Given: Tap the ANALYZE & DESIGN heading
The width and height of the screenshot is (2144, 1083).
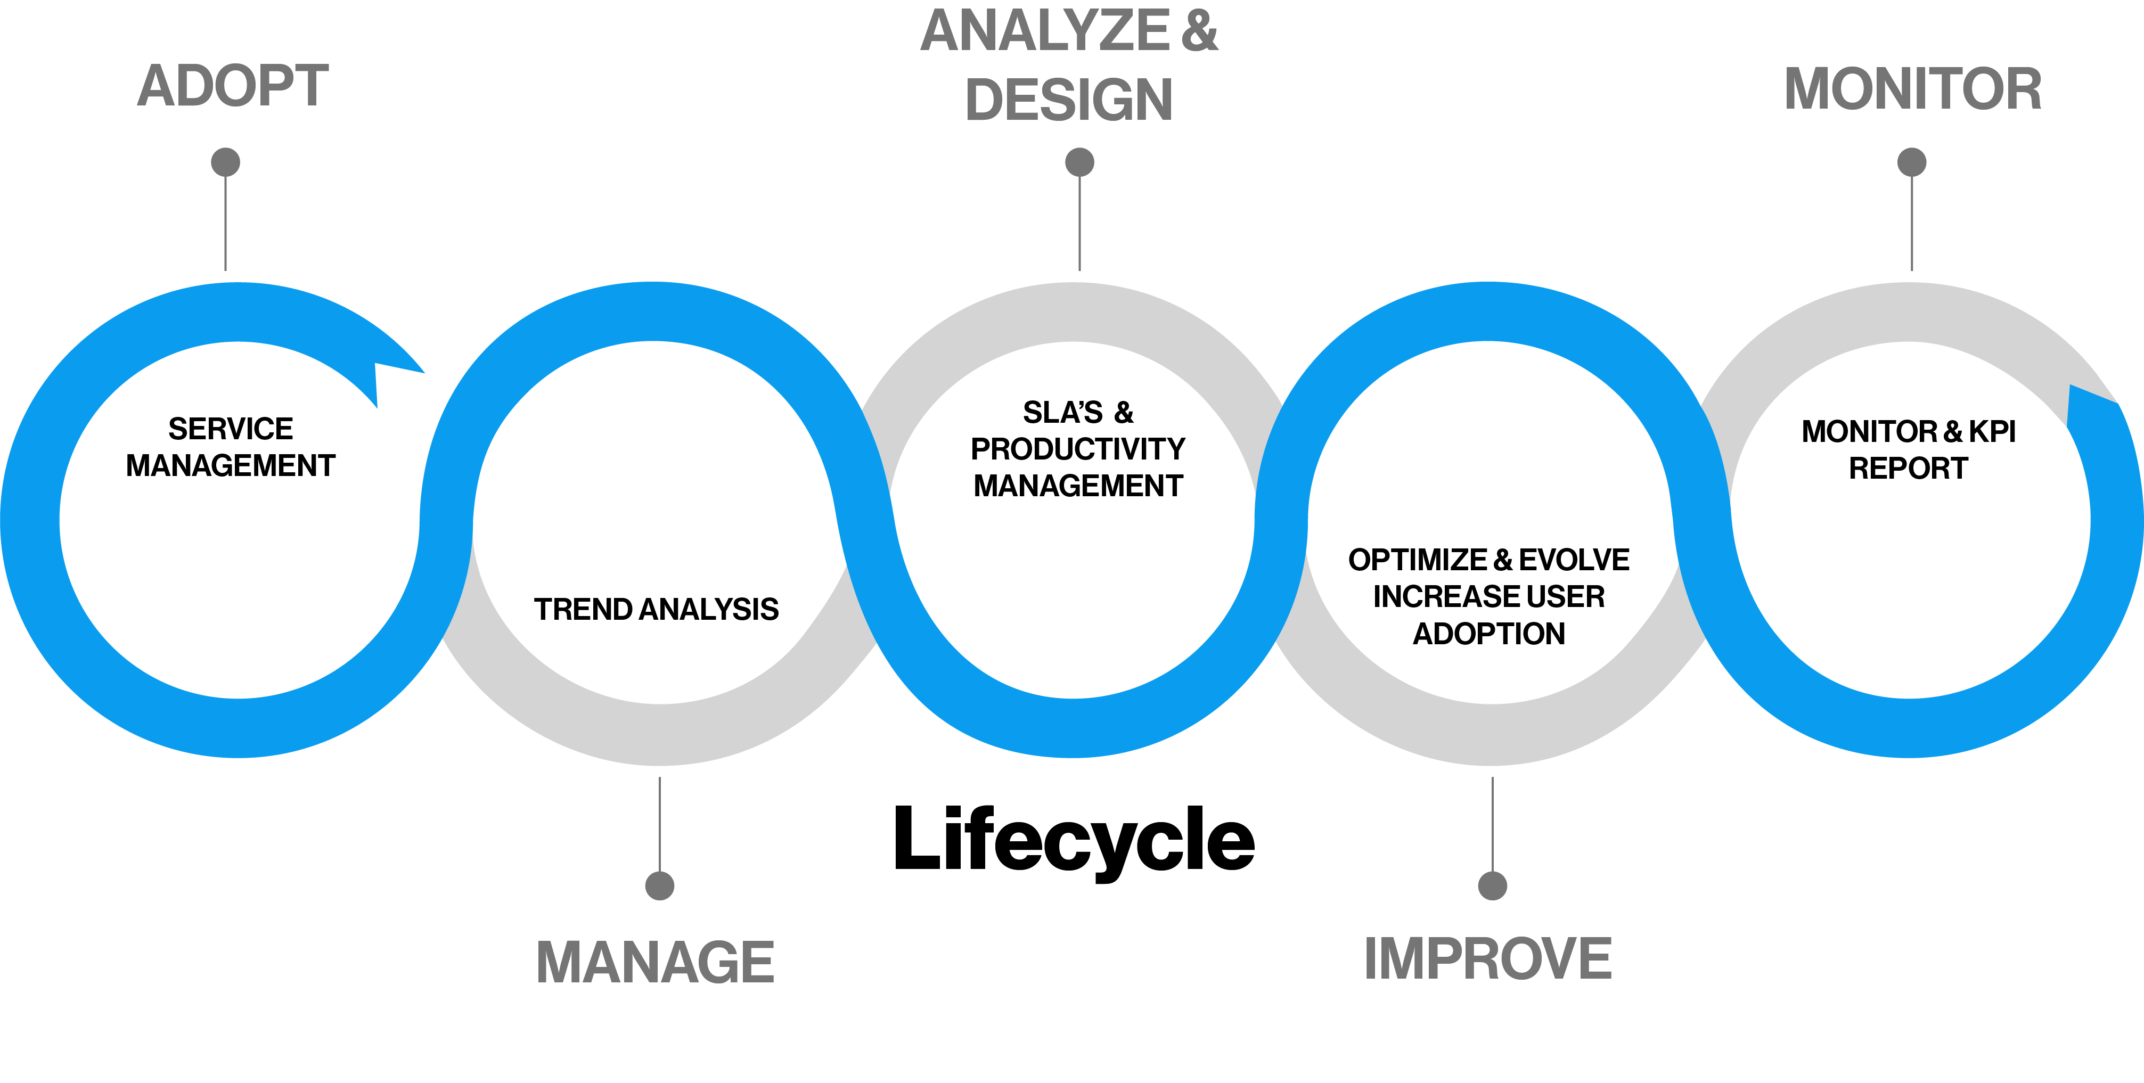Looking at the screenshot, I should [1069, 65].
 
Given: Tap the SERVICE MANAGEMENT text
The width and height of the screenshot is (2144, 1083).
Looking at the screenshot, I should [231, 447].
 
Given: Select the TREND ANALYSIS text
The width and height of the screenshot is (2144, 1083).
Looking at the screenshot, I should [656, 609].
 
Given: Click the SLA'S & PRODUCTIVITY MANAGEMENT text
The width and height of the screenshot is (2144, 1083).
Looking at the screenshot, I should [1078, 449].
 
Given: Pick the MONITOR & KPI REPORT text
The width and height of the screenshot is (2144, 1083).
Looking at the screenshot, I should [1909, 449].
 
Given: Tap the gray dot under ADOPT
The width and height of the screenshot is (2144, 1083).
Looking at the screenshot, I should [226, 162].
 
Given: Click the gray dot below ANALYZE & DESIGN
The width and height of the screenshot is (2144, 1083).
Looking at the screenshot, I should [1079, 162].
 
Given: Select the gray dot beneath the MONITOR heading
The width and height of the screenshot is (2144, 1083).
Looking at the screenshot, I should [1912, 162].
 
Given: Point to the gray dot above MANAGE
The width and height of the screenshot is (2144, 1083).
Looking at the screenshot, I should [660, 885].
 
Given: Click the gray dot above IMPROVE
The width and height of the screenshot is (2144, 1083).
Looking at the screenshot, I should [1492, 885].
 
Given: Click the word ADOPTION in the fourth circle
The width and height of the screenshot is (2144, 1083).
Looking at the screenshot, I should [1489, 634].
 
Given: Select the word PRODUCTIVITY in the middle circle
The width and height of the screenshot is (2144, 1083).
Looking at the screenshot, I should [1078, 449].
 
